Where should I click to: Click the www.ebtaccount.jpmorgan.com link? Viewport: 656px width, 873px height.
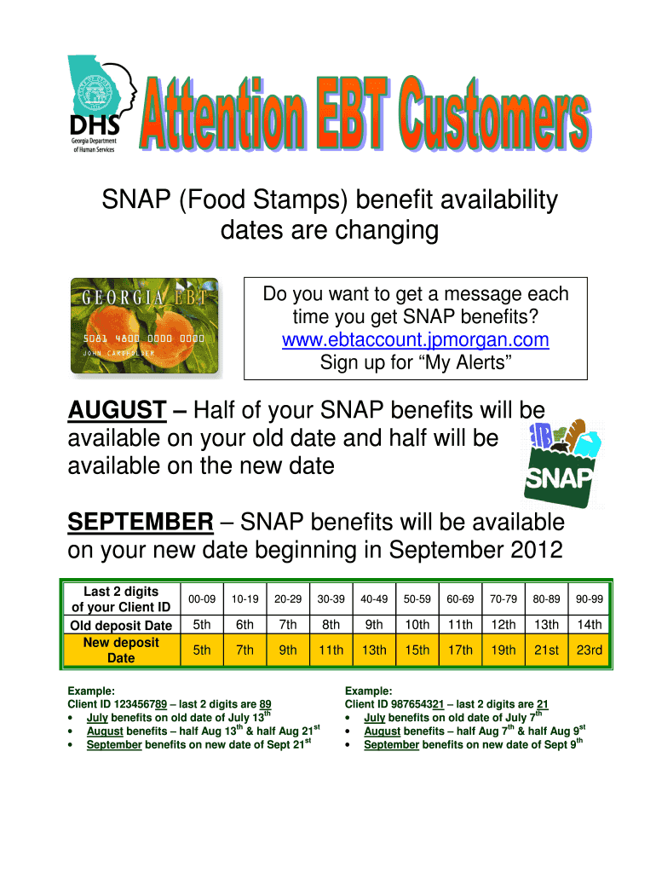pyautogui.click(x=415, y=339)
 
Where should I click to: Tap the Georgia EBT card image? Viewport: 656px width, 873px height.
pyautogui.click(x=145, y=326)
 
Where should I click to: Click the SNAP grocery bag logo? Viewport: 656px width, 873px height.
pyautogui.click(x=561, y=464)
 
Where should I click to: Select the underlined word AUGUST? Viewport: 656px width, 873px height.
pyautogui.click(x=117, y=410)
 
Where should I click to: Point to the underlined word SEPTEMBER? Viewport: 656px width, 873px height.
pyautogui.click(x=141, y=523)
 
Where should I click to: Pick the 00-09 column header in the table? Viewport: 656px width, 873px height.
pyautogui.click(x=202, y=599)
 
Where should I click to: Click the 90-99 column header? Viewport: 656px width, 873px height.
pyautogui.click(x=590, y=599)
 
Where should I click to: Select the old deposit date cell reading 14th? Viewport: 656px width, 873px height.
pyautogui.click(x=590, y=625)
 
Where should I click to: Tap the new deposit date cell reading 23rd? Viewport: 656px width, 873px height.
pyautogui.click(x=590, y=650)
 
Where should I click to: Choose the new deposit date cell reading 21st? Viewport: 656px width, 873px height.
pyautogui.click(x=546, y=650)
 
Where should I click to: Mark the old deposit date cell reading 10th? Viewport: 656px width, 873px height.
pyautogui.click(x=417, y=625)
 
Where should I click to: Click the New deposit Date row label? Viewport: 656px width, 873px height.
pyautogui.click(x=121, y=650)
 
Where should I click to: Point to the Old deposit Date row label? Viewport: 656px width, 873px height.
pyautogui.click(x=121, y=625)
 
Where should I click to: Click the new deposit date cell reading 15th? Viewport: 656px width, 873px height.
pyautogui.click(x=417, y=650)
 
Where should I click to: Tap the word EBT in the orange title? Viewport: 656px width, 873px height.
pyautogui.click(x=350, y=113)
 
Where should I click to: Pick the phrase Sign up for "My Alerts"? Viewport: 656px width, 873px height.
pyautogui.click(x=416, y=362)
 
